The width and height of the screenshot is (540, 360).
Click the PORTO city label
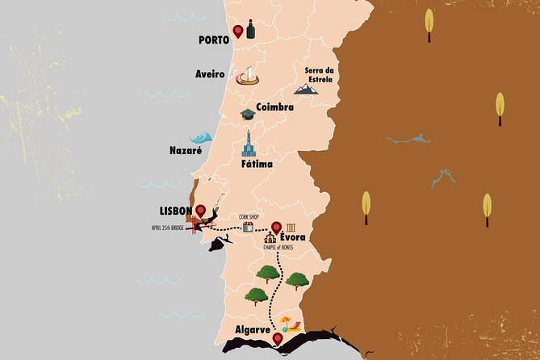(x=213, y=39)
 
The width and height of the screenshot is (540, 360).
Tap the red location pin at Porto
(x=238, y=31)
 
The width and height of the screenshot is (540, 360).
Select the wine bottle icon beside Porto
(x=251, y=29)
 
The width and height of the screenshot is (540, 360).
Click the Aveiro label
(x=210, y=74)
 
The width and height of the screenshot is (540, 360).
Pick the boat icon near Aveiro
(x=247, y=77)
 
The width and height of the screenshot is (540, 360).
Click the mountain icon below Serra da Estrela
(x=307, y=89)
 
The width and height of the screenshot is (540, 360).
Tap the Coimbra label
(x=274, y=106)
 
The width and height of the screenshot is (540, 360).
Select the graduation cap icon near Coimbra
(x=247, y=115)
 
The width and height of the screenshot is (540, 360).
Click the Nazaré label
(x=186, y=151)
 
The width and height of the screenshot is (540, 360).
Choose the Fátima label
(x=257, y=164)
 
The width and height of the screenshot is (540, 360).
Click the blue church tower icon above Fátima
(x=249, y=144)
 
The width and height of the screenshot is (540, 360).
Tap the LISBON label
(x=175, y=211)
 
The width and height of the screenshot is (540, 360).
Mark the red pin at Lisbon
(x=200, y=211)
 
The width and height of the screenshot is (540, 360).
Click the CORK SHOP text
(x=249, y=216)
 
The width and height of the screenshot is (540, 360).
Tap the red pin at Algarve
(x=278, y=340)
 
